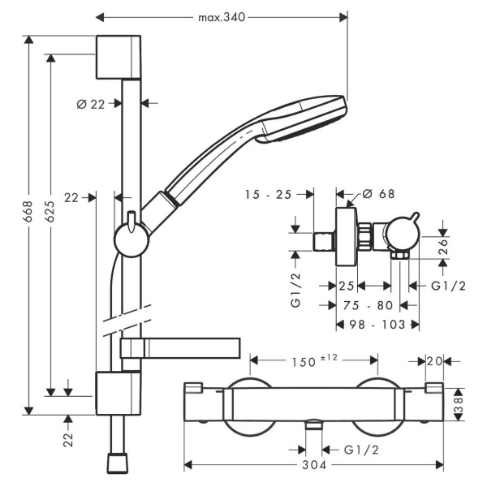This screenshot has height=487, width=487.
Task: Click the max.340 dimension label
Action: (x=222, y=17)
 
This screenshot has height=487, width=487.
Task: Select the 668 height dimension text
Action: (x=28, y=211)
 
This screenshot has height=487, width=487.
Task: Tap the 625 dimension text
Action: (x=50, y=211)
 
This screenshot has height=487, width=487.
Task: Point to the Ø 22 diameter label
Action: (x=90, y=105)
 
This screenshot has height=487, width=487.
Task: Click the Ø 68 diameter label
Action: (x=378, y=194)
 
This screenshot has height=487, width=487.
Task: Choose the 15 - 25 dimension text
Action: (x=269, y=195)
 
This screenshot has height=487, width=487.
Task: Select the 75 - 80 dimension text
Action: (x=368, y=306)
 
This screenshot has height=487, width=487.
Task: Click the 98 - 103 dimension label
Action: (x=377, y=325)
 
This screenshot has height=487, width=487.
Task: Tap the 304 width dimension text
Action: (x=314, y=465)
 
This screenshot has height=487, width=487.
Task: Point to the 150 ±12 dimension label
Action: (x=314, y=360)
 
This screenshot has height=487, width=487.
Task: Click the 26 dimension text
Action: (x=444, y=246)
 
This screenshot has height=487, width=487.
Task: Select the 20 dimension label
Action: (x=434, y=361)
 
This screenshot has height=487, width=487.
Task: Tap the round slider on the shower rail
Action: (x=131, y=239)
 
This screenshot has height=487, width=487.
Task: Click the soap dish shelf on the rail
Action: (x=180, y=348)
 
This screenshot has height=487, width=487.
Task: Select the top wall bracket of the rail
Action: (x=119, y=57)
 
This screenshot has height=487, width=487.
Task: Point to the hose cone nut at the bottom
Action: (x=118, y=463)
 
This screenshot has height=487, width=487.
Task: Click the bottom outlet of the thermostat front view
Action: (x=313, y=425)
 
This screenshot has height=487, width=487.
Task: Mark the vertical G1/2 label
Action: (x=295, y=290)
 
